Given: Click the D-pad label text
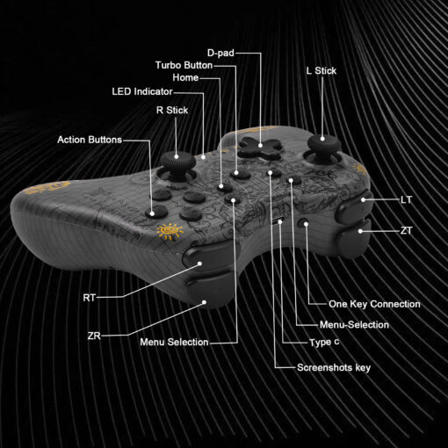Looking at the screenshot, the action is (220, 53).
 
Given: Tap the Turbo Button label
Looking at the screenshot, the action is (184, 65).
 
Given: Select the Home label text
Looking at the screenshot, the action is (185, 77).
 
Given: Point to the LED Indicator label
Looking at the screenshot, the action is (142, 91).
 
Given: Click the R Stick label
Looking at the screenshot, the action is (172, 111).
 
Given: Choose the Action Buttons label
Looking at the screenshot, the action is (90, 140).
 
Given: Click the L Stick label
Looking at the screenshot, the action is (322, 71).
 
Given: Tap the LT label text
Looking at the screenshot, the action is (407, 200).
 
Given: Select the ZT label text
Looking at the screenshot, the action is (407, 231).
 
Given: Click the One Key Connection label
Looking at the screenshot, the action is (374, 304).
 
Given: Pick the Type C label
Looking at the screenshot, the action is (324, 343).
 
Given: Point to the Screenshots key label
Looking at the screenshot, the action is (334, 367).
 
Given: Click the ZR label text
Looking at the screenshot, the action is (94, 336).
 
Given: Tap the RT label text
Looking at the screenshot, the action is (90, 298).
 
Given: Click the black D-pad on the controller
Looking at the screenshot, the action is (260, 147).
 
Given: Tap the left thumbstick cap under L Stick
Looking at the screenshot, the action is (324, 144).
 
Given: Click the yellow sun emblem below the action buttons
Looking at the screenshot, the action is (170, 231).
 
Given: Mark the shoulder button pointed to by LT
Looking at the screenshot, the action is (354, 206).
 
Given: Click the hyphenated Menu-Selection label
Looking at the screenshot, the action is (354, 325).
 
